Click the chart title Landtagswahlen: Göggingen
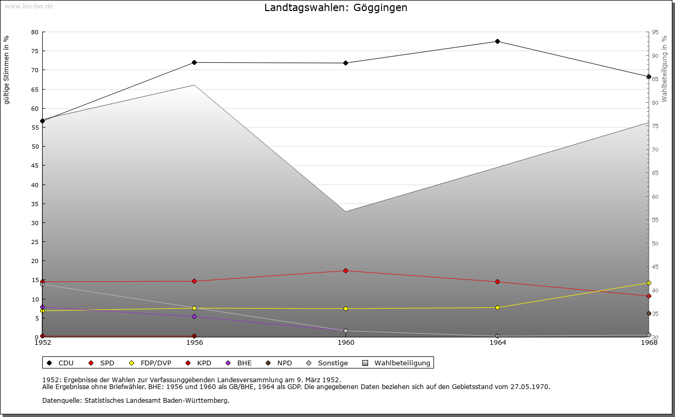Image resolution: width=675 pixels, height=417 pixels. [x=335, y=8]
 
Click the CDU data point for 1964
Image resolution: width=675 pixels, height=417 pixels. [x=497, y=42]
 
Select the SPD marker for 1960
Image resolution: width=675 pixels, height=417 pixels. [x=345, y=271]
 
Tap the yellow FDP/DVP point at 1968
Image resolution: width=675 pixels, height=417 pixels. [x=649, y=283]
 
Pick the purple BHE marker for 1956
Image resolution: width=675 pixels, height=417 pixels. [x=194, y=317]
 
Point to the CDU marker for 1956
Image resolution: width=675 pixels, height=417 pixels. [x=194, y=63]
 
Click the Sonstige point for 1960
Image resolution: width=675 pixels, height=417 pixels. [x=345, y=331]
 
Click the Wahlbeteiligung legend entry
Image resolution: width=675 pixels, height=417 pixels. [x=398, y=363]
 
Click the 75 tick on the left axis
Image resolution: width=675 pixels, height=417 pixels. [x=35, y=51]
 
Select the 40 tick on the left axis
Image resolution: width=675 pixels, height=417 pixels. [x=35, y=185]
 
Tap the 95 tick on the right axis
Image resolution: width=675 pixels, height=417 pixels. [x=655, y=32]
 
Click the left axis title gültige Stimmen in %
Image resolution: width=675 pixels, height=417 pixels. [x=7, y=70]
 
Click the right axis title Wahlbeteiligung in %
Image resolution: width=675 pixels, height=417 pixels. [x=664, y=69]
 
